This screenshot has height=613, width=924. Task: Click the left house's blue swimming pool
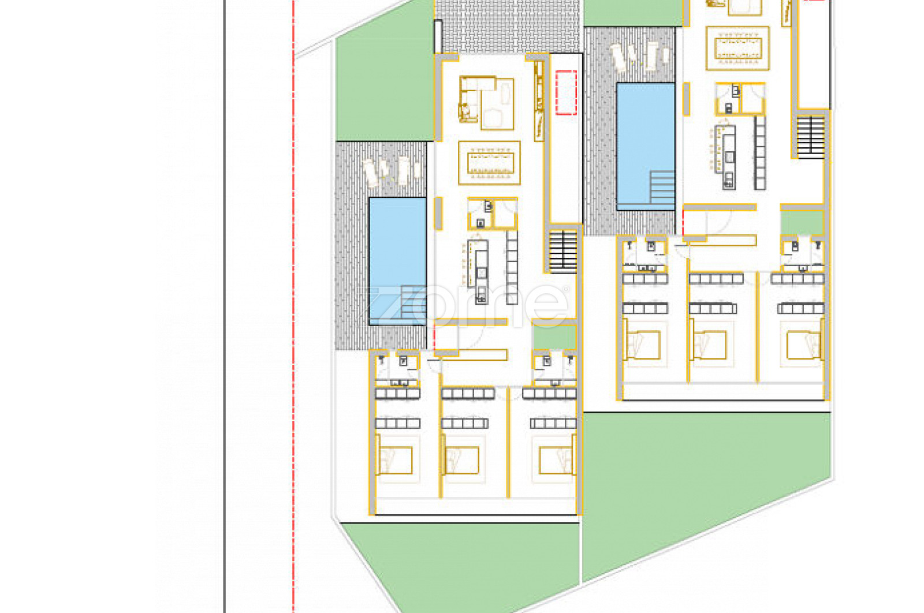point(398,261)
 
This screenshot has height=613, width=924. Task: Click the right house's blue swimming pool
point(646,147)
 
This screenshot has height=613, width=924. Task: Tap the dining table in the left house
point(490,163)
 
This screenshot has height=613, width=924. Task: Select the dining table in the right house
point(738,48)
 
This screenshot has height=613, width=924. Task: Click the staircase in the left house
point(563,252)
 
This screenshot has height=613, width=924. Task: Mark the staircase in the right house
point(811,137)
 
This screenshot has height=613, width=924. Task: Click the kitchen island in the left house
point(481,272)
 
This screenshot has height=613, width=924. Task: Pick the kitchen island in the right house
point(729,157)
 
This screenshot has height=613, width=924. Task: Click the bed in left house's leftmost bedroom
point(395,460)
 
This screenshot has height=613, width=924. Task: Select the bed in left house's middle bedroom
point(461,460)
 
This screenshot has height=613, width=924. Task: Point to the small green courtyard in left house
point(555,337)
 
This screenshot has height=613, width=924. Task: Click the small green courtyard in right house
point(802,223)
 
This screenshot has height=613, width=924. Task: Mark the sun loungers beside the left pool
point(392,171)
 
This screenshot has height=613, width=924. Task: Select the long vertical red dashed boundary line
point(294,306)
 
